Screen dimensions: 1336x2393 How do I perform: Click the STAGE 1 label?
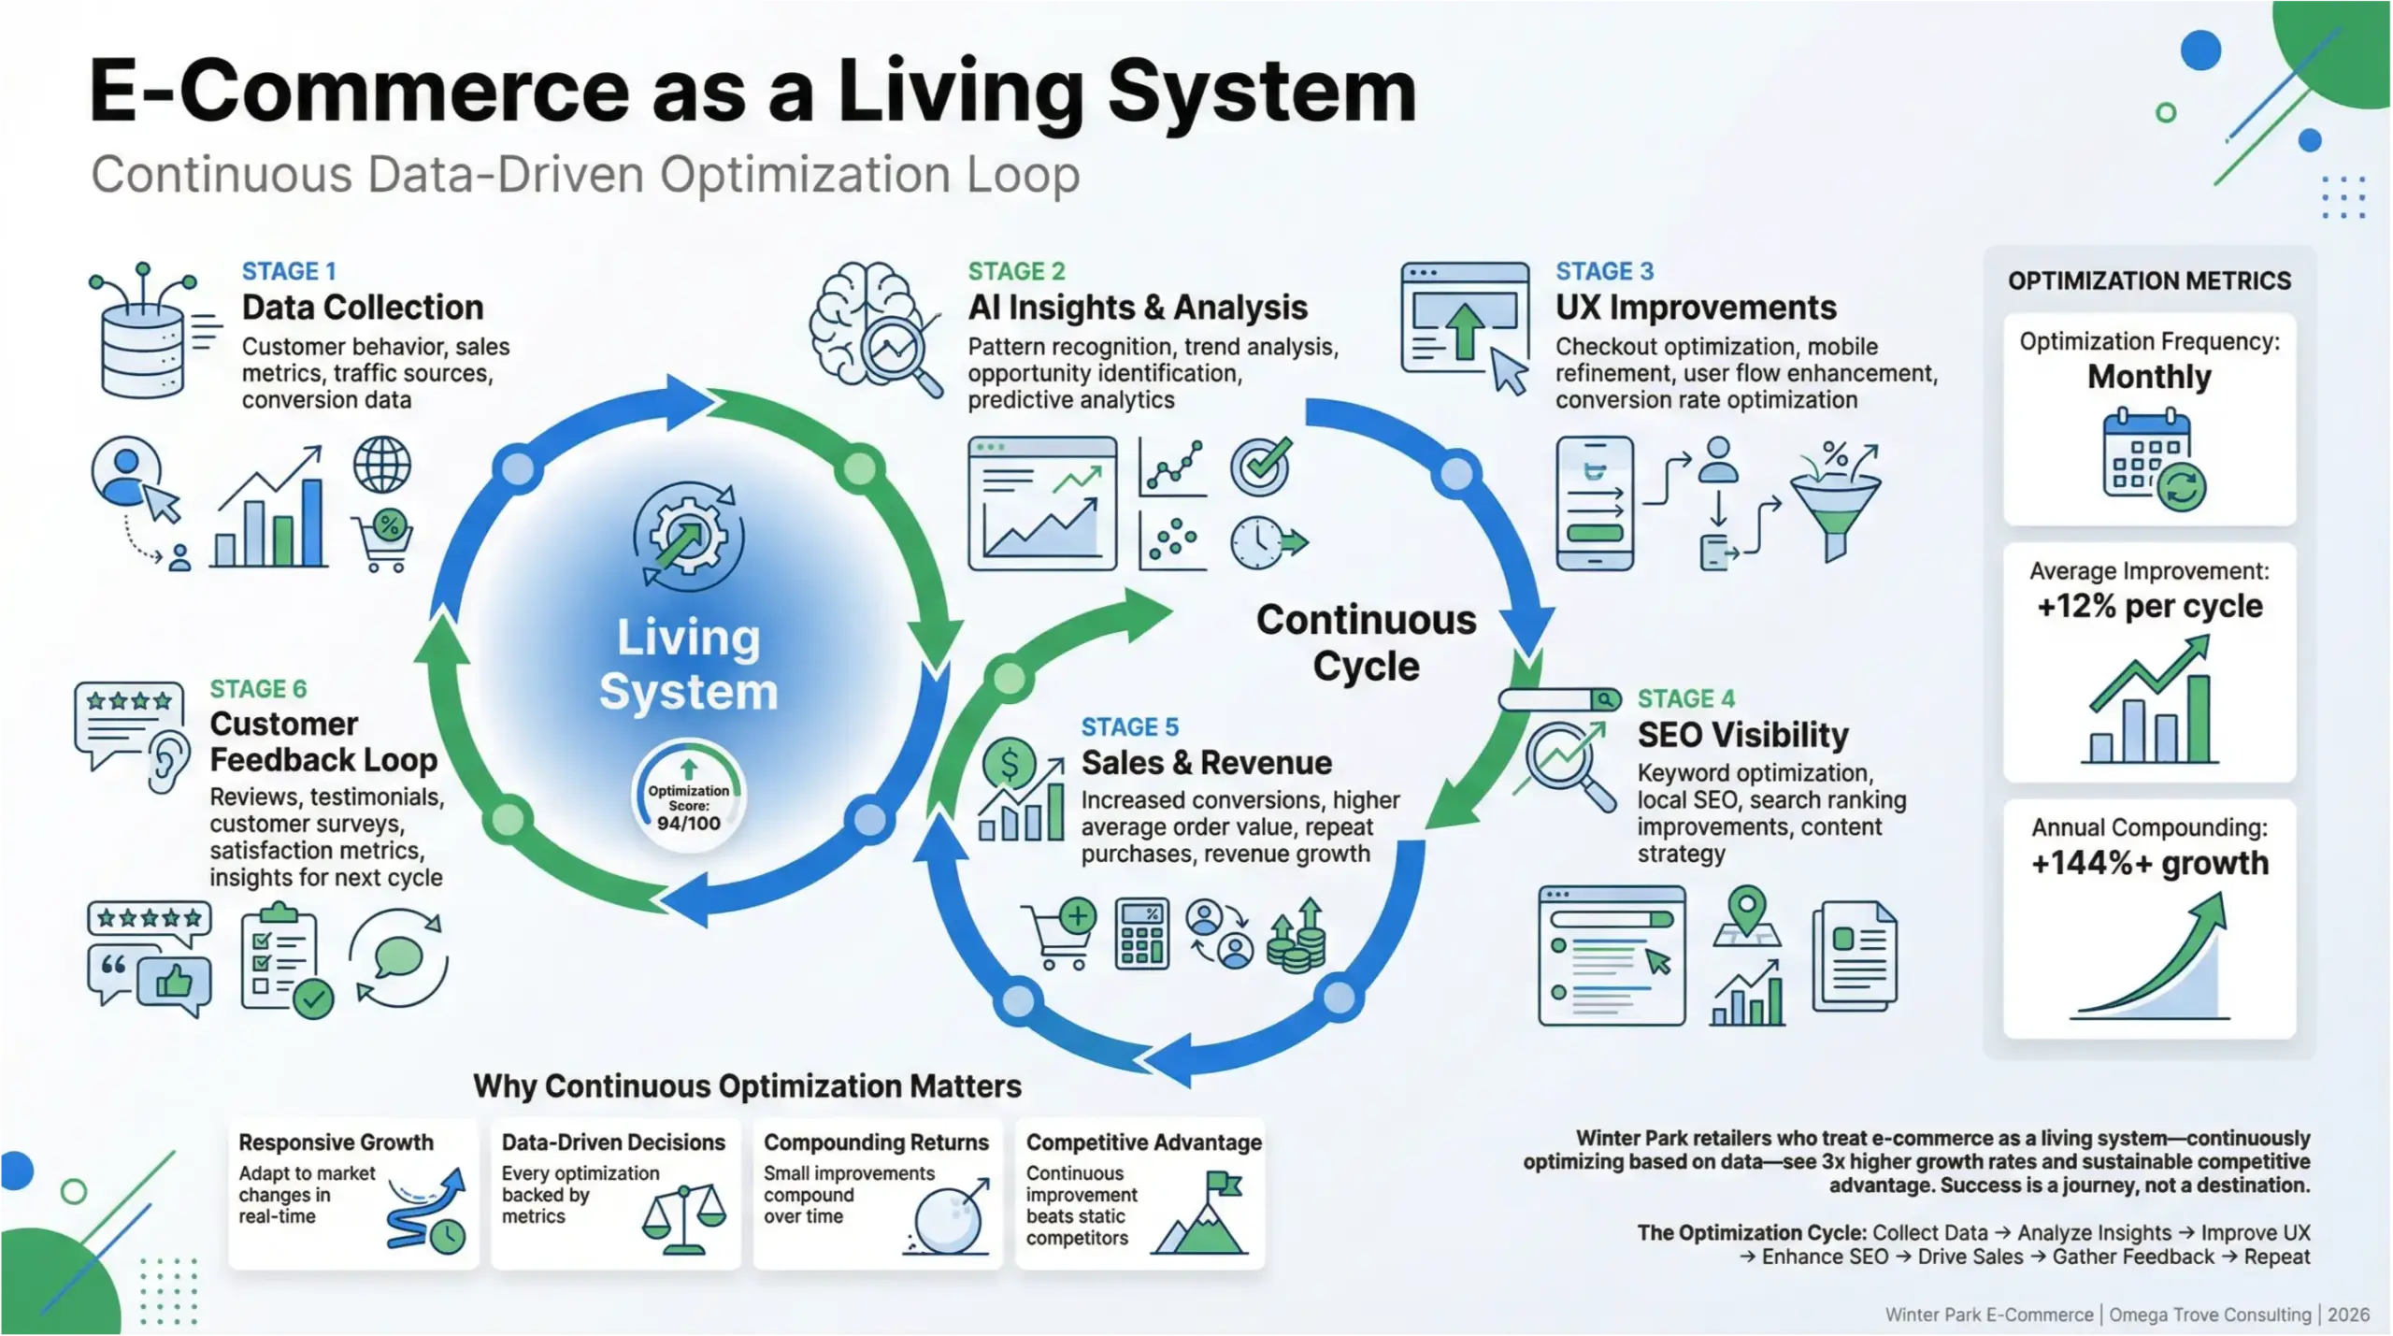pyautogui.click(x=288, y=271)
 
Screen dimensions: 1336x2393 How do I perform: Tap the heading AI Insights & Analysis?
pyautogui.click(x=1137, y=308)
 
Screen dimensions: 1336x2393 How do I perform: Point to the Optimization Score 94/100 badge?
pyautogui.click(x=689, y=799)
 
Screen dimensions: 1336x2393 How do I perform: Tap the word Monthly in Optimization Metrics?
pyautogui.click(x=2149, y=377)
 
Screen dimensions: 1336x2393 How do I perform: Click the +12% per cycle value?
pyautogui.click(x=2149, y=607)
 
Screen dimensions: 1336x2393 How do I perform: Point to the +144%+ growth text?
pyautogui.click(x=2149, y=863)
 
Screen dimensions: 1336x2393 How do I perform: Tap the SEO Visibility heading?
pyautogui.click(x=1742, y=735)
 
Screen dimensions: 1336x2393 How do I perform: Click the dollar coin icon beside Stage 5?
pyautogui.click(x=1009, y=765)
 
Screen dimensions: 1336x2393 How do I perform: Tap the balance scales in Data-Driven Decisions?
pyautogui.click(x=684, y=1218)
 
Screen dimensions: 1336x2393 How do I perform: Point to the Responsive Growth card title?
pyautogui.click(x=336, y=1142)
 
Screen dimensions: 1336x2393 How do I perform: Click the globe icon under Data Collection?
pyautogui.click(x=381, y=465)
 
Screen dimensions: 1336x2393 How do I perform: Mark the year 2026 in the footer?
pyautogui.click(x=2348, y=1314)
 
